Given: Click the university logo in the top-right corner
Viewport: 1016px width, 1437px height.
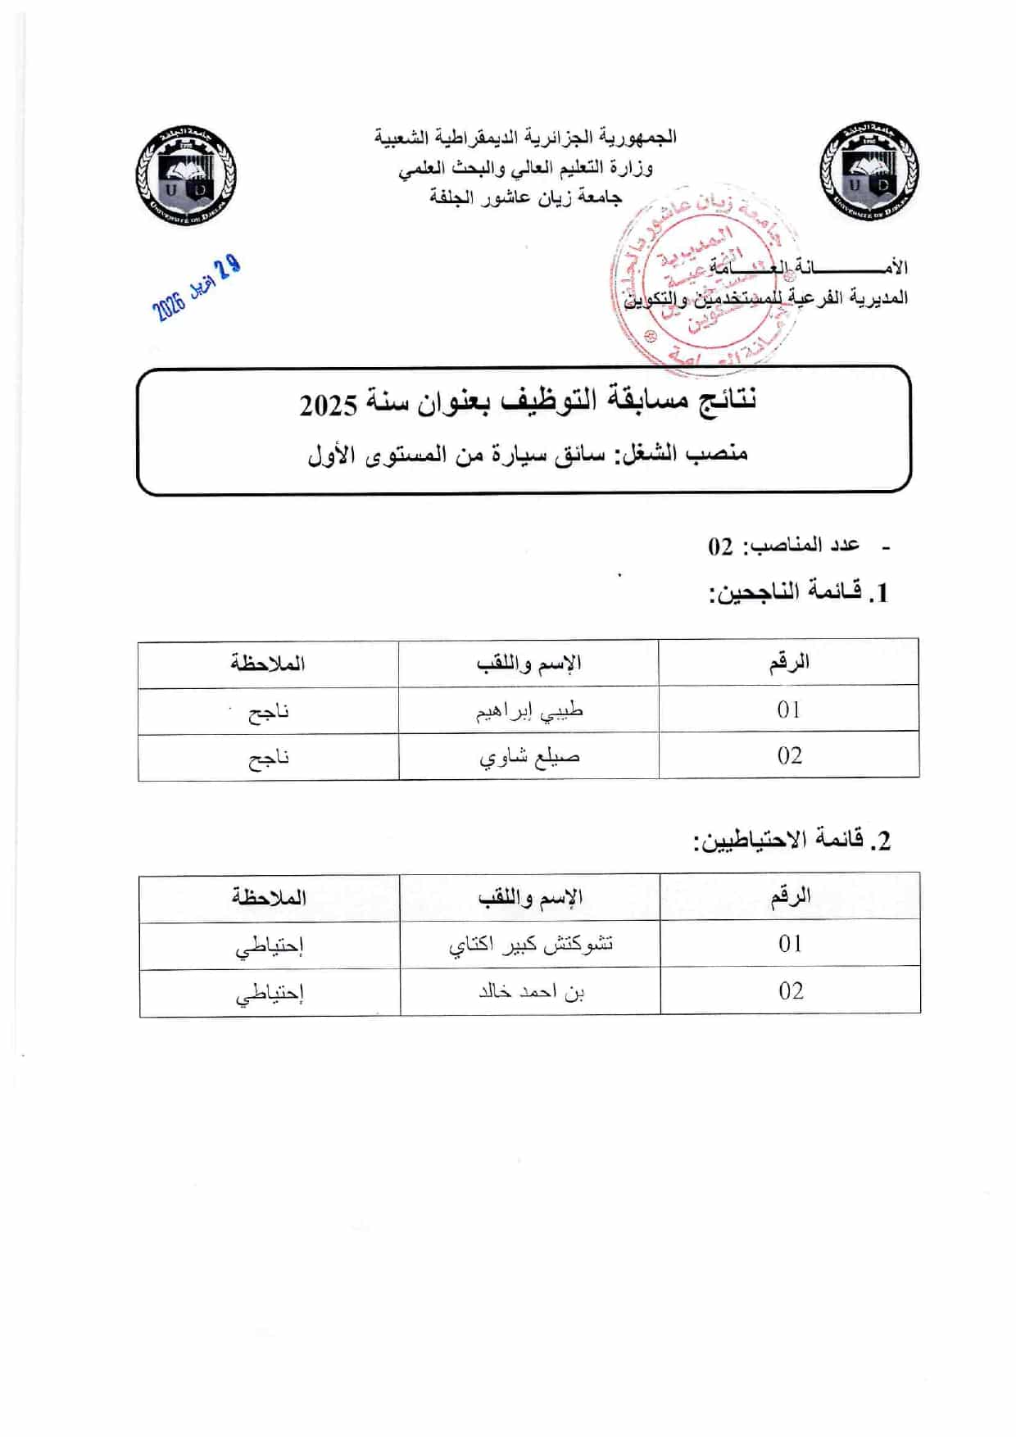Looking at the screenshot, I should [869, 173].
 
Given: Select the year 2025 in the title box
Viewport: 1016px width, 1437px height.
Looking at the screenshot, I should [329, 405].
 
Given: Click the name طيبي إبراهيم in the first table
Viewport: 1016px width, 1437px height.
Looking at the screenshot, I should [529, 710].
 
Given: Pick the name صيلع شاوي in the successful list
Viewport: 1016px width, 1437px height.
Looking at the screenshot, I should [529, 757].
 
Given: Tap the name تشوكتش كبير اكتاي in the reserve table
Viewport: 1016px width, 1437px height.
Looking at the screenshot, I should [530, 945].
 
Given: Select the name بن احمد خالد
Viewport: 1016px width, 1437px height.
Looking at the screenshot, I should [531, 992].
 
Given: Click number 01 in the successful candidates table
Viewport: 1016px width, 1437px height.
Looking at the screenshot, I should [789, 709].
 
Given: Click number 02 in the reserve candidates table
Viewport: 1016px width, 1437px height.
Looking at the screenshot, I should [791, 991].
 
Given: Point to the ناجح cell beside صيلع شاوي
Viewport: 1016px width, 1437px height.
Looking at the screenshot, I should [269, 758].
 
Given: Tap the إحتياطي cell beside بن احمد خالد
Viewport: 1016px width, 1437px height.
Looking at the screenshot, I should [270, 993].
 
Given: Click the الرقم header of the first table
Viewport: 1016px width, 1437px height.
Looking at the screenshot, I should [789, 662].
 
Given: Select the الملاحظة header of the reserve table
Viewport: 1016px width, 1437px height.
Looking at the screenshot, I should [269, 897].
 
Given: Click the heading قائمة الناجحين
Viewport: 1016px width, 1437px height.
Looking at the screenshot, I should [798, 592].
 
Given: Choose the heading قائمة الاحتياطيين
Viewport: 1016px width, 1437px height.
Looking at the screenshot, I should [791, 840].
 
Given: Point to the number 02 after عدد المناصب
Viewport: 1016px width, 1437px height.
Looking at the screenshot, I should [721, 546].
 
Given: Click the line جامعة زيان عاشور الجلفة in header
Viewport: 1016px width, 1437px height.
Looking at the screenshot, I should [525, 197].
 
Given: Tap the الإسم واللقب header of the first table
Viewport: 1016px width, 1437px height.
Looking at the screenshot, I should [528, 663].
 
